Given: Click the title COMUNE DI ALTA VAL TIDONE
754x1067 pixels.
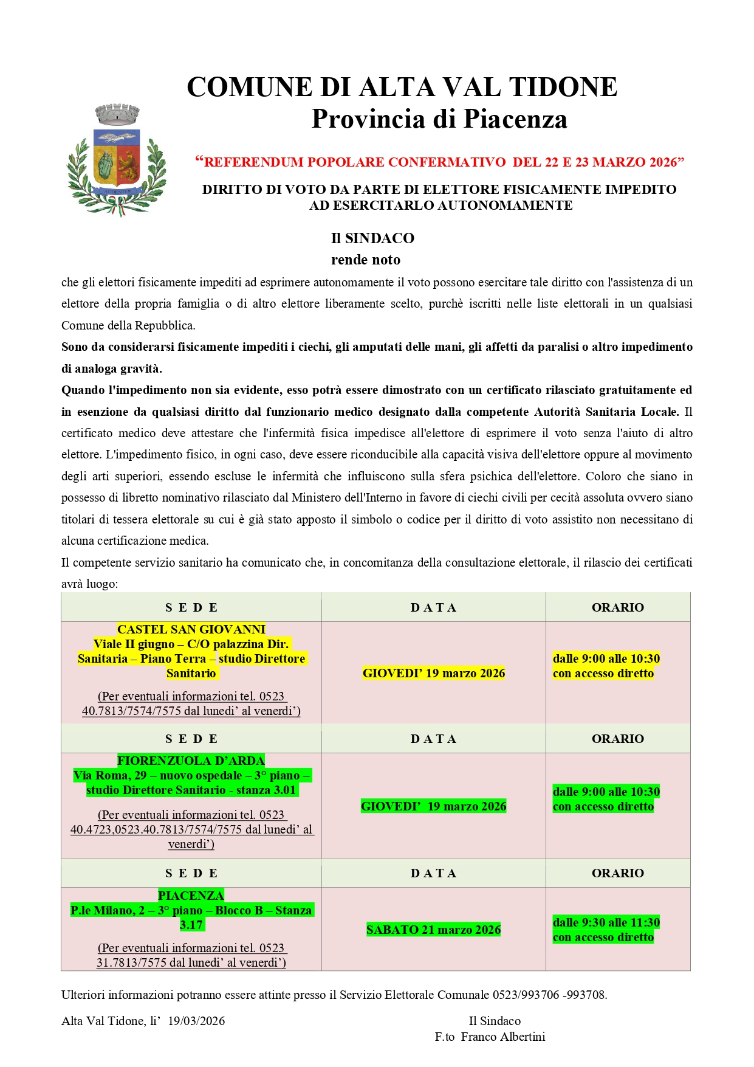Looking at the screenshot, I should click(402, 87).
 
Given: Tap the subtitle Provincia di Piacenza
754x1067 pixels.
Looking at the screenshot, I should click(439, 119).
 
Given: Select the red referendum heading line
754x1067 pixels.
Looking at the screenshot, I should click(439, 162).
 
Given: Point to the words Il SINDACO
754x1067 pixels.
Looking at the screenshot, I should click(372, 238).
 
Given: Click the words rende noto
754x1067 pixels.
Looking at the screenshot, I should click(366, 260).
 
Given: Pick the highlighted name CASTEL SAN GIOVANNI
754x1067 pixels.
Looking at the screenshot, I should click(191, 629).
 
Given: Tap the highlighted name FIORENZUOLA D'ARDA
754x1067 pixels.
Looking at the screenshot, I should click(191, 761).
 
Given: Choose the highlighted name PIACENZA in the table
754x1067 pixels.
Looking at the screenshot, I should click(191, 896).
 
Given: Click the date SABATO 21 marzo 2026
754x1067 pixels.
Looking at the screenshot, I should click(433, 930).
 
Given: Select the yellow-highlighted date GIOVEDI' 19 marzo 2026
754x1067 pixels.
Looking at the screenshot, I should click(434, 673).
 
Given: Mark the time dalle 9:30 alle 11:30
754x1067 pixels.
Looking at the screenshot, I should click(606, 922).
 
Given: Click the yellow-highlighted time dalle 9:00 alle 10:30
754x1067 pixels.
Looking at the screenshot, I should click(606, 658).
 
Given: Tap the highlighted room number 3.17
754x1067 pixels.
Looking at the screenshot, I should click(191, 925).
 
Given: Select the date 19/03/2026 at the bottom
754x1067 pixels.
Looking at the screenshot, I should click(196, 1021).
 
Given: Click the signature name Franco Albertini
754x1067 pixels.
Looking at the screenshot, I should click(503, 1037).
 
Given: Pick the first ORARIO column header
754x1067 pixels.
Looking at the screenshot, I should click(617, 607).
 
